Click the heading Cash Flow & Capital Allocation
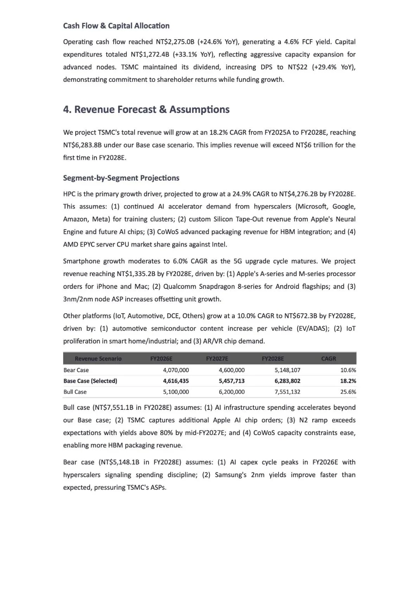pos(116,26)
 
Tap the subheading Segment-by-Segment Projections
pos(121,178)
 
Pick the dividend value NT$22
pos(298,67)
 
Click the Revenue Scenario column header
pos(98,359)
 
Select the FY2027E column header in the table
pos(217,359)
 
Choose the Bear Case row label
pos(76,370)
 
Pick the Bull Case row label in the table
pos(75,392)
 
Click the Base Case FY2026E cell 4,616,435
pos(176,381)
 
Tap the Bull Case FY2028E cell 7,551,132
pos(287,392)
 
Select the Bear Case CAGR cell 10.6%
pos(348,370)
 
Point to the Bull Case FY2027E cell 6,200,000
pos(232,392)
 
